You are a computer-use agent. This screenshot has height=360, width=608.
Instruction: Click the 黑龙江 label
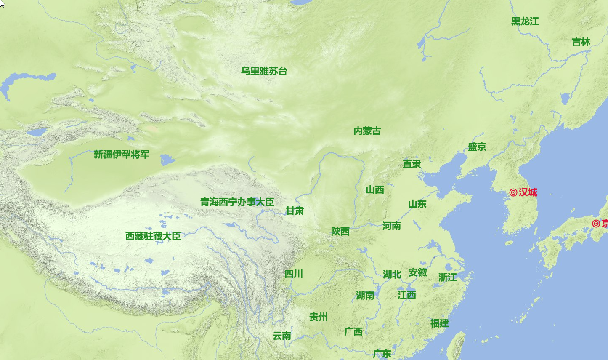click(x=525, y=21)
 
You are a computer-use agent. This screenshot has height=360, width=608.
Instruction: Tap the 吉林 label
click(x=581, y=42)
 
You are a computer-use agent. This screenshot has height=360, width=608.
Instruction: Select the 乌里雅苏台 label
click(x=264, y=71)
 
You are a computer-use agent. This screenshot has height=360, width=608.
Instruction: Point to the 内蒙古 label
click(x=367, y=131)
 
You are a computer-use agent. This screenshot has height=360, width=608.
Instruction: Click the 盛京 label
click(x=477, y=147)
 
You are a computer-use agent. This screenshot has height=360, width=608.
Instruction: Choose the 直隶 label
click(x=412, y=164)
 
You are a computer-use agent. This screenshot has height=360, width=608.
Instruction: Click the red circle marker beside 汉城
click(x=513, y=192)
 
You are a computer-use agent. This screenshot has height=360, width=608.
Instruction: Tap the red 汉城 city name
click(x=528, y=192)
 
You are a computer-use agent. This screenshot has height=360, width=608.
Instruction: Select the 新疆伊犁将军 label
click(x=121, y=155)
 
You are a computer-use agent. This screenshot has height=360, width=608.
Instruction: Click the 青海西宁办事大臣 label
click(x=237, y=202)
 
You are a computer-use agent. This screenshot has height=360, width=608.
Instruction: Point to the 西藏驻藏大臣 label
click(x=153, y=236)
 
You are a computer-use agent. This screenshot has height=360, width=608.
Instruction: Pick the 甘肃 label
click(x=295, y=211)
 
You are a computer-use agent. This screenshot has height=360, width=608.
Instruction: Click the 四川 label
click(x=293, y=274)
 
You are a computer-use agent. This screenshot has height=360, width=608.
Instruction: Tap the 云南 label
click(x=281, y=336)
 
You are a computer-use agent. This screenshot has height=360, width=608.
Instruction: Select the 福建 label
click(x=439, y=323)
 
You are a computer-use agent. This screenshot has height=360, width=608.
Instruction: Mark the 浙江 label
click(x=447, y=277)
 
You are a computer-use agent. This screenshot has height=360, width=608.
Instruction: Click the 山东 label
click(x=417, y=205)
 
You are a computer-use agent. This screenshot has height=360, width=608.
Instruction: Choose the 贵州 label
click(x=318, y=317)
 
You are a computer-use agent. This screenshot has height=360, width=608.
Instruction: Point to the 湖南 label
click(x=365, y=296)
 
